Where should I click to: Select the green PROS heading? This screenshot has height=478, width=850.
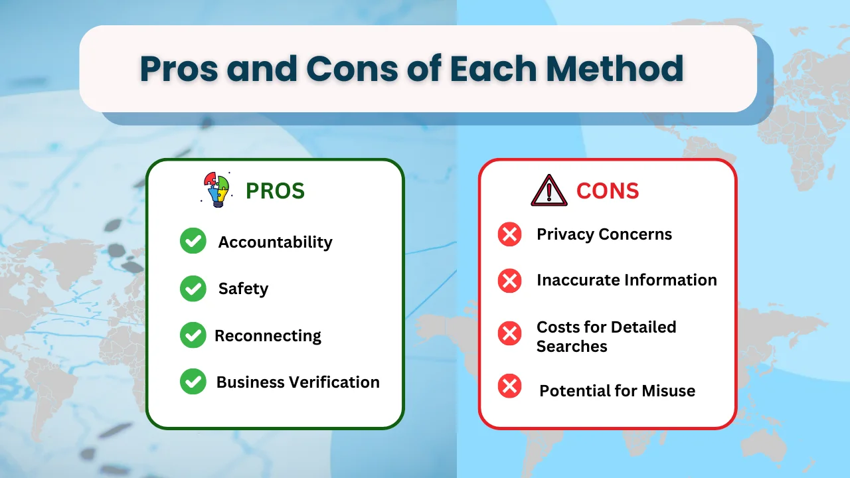tap(275, 191)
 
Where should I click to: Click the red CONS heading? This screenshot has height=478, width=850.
tap(608, 191)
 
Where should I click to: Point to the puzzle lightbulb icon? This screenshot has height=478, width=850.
tap(216, 189)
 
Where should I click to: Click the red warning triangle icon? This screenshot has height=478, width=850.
tap(549, 191)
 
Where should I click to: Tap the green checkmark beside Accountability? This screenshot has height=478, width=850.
tap(193, 242)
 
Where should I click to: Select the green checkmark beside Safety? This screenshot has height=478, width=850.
tap(193, 289)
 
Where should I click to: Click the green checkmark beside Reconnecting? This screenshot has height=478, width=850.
tap(193, 335)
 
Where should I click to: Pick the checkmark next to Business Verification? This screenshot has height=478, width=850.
tap(193, 382)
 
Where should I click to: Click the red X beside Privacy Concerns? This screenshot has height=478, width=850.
tap(510, 234)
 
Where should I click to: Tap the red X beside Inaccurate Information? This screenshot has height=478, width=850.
tap(510, 280)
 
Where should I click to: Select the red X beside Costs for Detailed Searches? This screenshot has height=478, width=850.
tap(510, 333)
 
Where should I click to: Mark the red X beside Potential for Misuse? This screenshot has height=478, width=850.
tap(510, 386)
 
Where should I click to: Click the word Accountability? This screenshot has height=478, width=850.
tap(275, 242)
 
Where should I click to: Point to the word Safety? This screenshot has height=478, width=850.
tap(243, 289)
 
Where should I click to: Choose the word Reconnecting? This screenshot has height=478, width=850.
tap(268, 336)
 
